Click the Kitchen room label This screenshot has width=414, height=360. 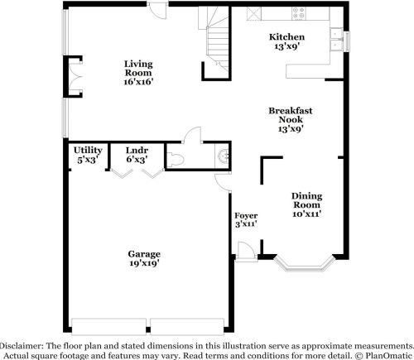(x=287, y=37)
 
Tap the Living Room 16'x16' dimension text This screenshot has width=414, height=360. (x=138, y=82)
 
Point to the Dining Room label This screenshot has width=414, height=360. (x=307, y=200)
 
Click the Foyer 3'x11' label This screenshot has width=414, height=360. (x=246, y=220)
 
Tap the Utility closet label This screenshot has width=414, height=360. (x=88, y=151)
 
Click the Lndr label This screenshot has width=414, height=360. (x=137, y=151)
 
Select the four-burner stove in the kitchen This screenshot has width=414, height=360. (x=299, y=13)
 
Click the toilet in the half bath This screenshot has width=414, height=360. (x=176, y=160)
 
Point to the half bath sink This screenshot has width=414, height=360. (x=223, y=158)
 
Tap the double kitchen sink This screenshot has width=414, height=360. (x=337, y=40)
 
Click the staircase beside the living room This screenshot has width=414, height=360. (x=218, y=39)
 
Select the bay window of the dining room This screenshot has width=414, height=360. (x=305, y=264)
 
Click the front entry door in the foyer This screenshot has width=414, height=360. (x=245, y=252)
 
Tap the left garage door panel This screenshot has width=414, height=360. (x=108, y=327)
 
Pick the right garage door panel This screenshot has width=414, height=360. (x=187, y=327)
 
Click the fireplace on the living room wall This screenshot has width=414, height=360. (x=73, y=77)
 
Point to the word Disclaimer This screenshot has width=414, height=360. (x=22, y=346)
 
